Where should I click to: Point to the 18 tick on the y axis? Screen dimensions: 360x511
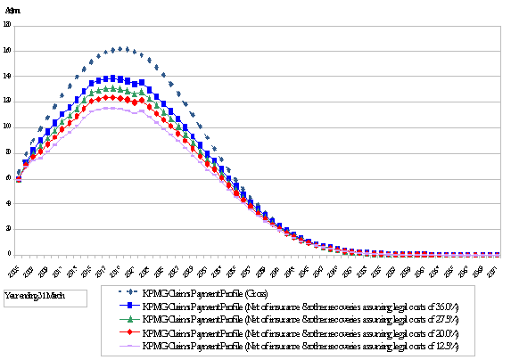[7, 25]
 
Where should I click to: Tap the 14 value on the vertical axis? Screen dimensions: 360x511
[7, 76]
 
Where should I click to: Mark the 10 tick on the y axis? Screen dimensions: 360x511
[7, 127]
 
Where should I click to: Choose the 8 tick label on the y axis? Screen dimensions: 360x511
[8, 152]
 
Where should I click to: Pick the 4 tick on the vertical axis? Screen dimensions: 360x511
[8, 203]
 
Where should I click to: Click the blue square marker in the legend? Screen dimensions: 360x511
[132, 305]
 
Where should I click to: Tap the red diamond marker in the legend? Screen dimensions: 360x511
[132, 331]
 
